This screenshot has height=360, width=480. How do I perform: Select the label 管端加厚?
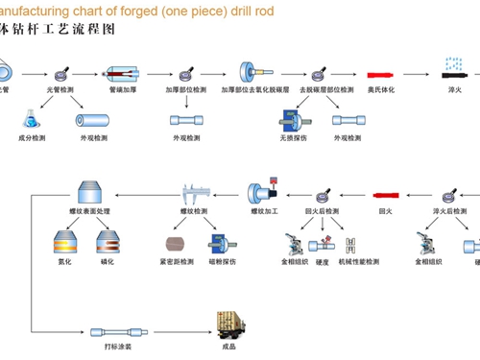click(x=125, y=89)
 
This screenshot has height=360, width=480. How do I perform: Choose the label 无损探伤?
click(x=293, y=138)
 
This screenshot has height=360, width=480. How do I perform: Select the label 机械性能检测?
click(x=359, y=261)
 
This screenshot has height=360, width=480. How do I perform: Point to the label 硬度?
click(x=323, y=261)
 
